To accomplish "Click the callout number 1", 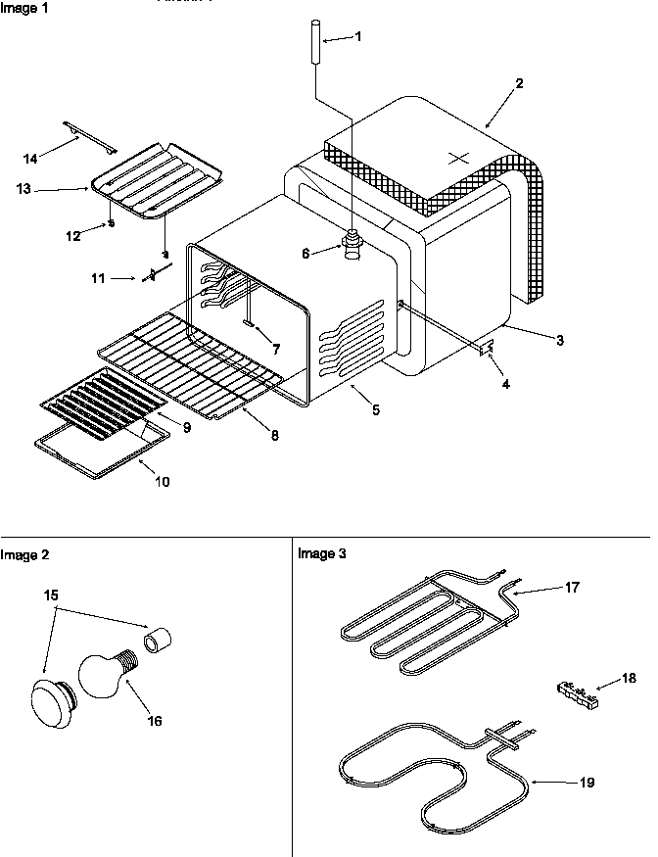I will coord(357,36).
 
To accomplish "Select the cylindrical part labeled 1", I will coord(316,41).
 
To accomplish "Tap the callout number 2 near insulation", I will coord(519,83).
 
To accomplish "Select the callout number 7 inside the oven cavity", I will coord(276,349).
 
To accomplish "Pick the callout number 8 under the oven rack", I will coord(274,435).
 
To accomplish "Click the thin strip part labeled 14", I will coord(89,136).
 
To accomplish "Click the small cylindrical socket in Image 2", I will coord(158,642).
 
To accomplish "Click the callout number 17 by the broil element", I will coord(572,588).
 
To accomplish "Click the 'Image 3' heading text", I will coord(321,553).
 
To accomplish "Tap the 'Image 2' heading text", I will coord(24,554).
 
